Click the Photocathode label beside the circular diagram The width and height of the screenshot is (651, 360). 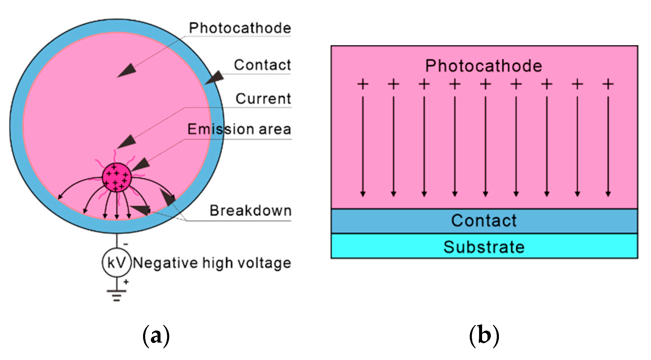point(240,28)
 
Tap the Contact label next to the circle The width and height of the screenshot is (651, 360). point(262,65)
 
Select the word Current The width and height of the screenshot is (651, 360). point(263,99)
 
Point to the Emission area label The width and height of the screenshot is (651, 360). point(239,129)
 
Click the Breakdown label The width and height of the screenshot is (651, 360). point(250,211)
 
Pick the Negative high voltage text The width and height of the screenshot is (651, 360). point(212,263)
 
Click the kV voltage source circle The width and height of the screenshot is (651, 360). point(117,263)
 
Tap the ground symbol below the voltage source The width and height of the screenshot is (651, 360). point(117,294)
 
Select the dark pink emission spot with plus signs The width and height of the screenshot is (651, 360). point(117,178)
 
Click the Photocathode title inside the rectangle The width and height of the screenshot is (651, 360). point(484,66)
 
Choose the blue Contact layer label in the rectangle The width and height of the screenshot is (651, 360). point(484,221)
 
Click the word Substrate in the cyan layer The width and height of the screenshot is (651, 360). point(484,247)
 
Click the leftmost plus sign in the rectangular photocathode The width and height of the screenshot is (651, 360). point(363,84)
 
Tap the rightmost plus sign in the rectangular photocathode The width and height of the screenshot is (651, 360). point(608,84)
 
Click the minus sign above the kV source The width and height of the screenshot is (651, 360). point(126,244)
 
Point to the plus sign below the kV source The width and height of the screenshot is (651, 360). point(126,282)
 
